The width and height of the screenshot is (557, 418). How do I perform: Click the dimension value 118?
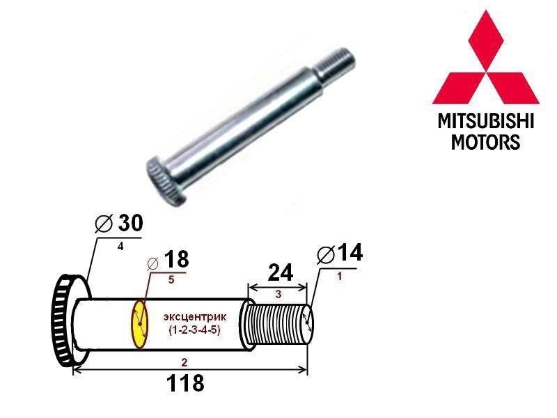pyautogui.click(x=185, y=384)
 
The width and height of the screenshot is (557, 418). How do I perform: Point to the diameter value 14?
pyautogui.click(x=348, y=254)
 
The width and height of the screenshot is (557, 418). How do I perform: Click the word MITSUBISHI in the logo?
pyautogui.click(x=485, y=123)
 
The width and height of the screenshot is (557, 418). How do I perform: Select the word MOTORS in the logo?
pyautogui.click(x=485, y=142)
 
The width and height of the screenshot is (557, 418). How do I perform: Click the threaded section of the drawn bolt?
pyautogui.click(x=277, y=324)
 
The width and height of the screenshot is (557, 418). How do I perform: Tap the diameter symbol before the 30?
pyautogui.click(x=102, y=224)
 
